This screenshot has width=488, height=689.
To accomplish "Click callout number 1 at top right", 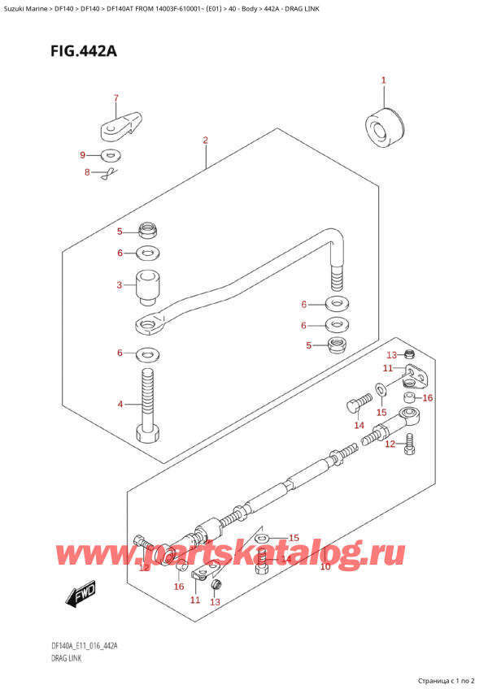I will (x=384, y=80).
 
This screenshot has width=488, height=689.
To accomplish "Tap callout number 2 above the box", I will (x=206, y=141).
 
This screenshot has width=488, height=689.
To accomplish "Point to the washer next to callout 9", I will (x=111, y=156).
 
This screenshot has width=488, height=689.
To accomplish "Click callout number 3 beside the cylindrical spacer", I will (x=119, y=285).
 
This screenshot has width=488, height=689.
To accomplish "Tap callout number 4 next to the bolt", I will (x=119, y=404).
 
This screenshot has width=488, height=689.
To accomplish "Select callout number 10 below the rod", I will (x=325, y=567).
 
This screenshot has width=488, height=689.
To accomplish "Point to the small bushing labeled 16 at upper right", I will (x=412, y=397).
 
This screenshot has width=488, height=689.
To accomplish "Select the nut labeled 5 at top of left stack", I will (x=147, y=229).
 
